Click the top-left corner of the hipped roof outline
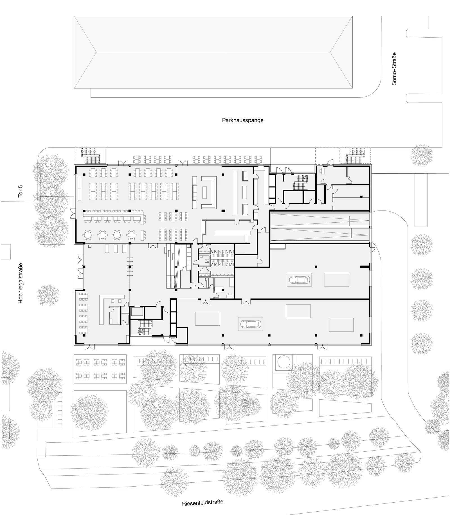click(x=74, y=16)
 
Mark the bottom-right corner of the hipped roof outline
click(x=353, y=88)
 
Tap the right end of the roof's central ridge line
click(x=330, y=52)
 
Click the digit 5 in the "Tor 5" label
click(x=21, y=186)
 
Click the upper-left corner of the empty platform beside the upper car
click(x=324, y=273)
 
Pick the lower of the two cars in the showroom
click(x=250, y=324)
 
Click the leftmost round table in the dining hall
click(x=88, y=234)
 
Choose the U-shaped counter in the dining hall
click(x=208, y=192)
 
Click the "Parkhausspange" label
click(x=243, y=120)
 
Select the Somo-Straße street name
click(x=394, y=69)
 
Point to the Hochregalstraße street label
click(x=21, y=283)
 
